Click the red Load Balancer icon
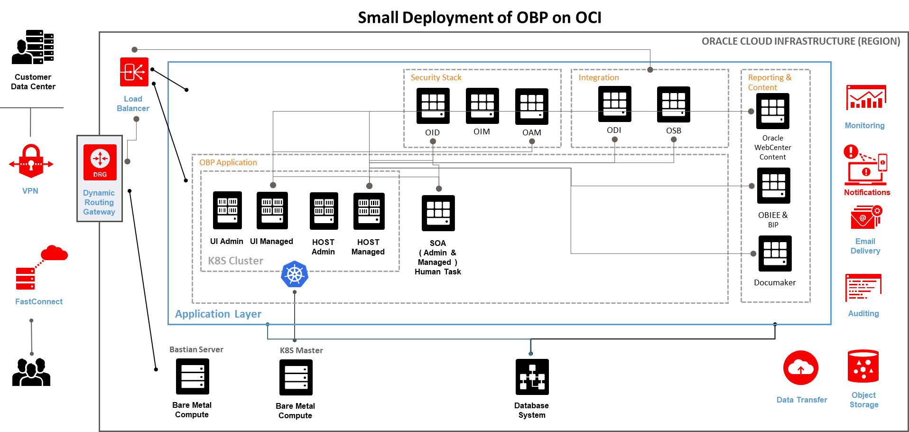pyautogui.click(x=134, y=72)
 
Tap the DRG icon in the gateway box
pyautogui.click(x=100, y=162)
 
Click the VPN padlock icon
pyautogui.click(x=31, y=161)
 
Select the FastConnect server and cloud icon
pyautogui.click(x=41, y=267)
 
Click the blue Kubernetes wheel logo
pyautogui.click(x=295, y=274)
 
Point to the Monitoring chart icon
pyautogui.click(x=866, y=98)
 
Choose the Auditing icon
pyautogui.click(x=863, y=287)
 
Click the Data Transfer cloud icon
pyautogui.click(x=801, y=368)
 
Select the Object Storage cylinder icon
pyautogui.click(x=863, y=366)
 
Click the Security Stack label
pyautogui.click(x=436, y=77)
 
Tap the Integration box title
pyautogui.click(x=598, y=77)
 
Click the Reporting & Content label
pyautogui.click(x=769, y=82)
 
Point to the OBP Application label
pyautogui.click(x=228, y=162)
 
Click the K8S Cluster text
pyautogui.click(x=235, y=261)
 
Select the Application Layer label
pyautogui.click(x=218, y=314)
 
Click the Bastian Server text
pyautogui.click(x=196, y=349)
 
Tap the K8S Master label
pyautogui.click(x=301, y=350)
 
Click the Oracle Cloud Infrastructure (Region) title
pyautogui.click(x=800, y=41)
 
